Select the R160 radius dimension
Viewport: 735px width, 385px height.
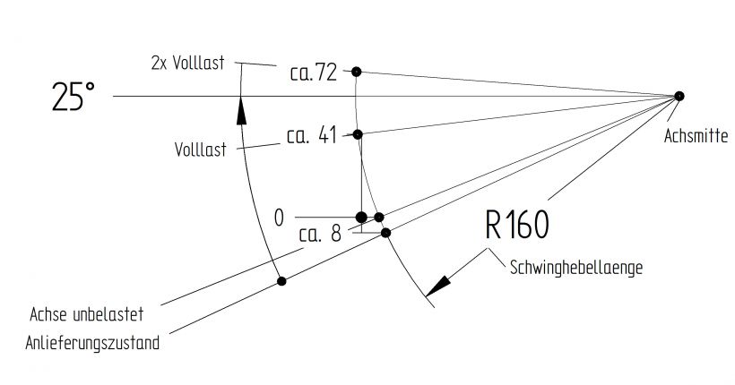pyautogui.click(x=516, y=226)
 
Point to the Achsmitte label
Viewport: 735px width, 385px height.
pyautogui.click(x=696, y=136)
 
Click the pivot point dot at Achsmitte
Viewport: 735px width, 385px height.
pyautogui.click(x=679, y=96)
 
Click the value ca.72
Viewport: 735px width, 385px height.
pyautogui.click(x=313, y=73)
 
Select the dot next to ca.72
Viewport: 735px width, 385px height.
pyautogui.click(x=357, y=71)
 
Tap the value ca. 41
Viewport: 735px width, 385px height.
pyautogui.click(x=310, y=137)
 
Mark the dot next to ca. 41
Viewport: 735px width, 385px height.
pyautogui.click(x=358, y=134)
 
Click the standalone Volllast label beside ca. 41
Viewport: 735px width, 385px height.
pyautogui.click(x=200, y=150)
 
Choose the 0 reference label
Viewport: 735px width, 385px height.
pyautogui.click(x=279, y=217)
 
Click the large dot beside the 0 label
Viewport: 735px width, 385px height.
pyautogui.click(x=361, y=217)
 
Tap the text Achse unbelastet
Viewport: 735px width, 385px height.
pyautogui.click(x=86, y=315)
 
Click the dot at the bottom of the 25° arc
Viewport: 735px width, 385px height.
pyautogui.click(x=281, y=281)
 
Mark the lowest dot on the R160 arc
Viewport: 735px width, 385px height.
pyautogui.click(x=386, y=233)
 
